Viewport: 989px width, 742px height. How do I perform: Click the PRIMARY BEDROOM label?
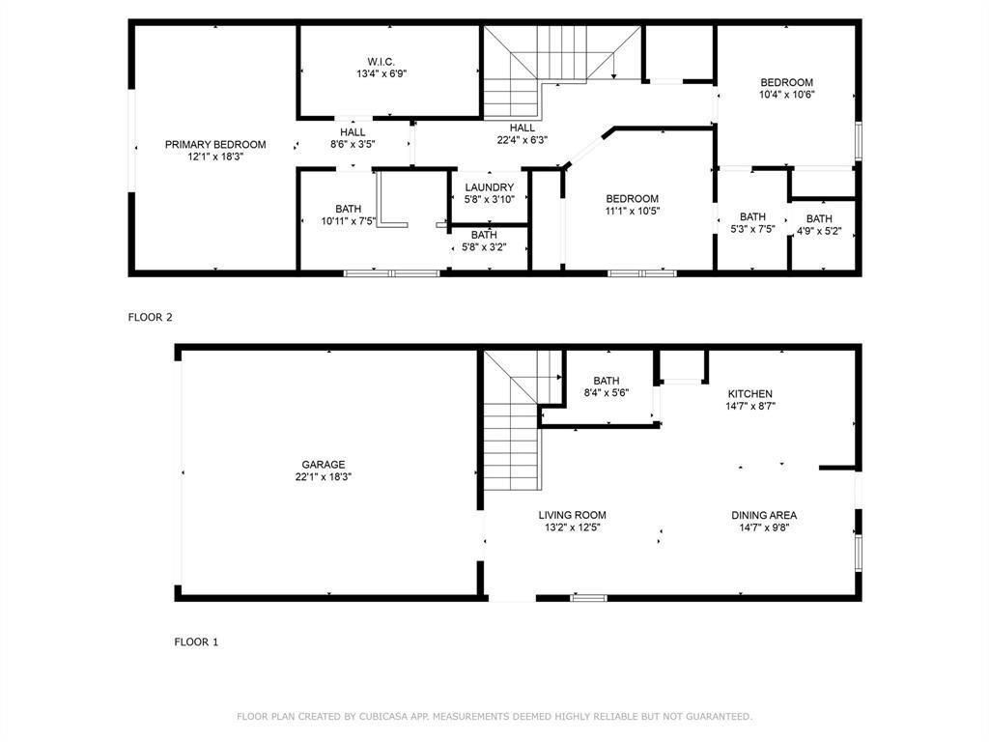[215, 145]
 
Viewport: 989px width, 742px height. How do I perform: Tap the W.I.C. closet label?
[381, 62]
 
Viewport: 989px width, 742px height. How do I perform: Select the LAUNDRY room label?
[490, 187]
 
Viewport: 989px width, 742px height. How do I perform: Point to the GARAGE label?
[323, 465]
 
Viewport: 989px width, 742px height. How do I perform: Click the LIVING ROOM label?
[572, 515]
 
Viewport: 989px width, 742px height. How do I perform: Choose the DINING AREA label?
[764, 515]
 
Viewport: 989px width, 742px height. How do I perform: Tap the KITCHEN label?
[749, 394]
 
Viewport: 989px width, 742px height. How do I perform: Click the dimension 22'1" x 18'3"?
[323, 477]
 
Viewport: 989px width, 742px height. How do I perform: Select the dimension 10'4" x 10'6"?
[786, 95]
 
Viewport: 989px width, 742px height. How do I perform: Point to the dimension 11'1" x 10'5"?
[632, 211]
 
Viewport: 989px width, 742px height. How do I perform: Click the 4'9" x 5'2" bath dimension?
[819, 231]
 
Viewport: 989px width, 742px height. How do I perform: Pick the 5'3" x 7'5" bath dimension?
[752, 229]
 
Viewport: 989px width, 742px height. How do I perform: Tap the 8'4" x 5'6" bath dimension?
[607, 393]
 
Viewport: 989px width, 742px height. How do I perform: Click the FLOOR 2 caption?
[150, 317]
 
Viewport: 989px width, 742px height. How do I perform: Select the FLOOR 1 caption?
[196, 642]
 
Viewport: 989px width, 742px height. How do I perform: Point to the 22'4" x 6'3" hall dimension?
[523, 140]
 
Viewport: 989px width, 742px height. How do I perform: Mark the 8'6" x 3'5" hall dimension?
[353, 145]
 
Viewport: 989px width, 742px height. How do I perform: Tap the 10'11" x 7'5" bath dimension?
[348, 221]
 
